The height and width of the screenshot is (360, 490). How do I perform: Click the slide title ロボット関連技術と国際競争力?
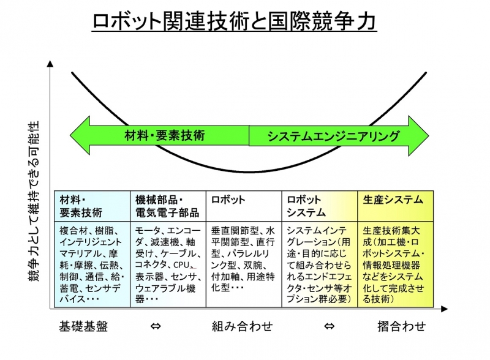tap(235, 21)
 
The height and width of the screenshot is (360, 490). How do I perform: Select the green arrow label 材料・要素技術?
tap(164, 136)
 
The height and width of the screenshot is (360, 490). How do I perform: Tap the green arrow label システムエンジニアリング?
tap(333, 137)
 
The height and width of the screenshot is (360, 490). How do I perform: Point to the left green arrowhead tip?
tap(70, 136)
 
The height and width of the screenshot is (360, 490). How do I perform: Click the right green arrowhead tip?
tap(429, 136)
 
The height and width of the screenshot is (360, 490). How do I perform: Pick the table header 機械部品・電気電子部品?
tap(167, 206)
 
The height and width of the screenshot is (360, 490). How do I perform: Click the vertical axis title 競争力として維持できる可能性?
tap(34, 201)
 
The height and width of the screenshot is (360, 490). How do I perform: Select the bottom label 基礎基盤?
tap(83, 326)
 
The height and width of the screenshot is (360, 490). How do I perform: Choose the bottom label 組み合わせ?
tap(243, 326)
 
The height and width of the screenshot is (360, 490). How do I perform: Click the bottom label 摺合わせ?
tap(402, 326)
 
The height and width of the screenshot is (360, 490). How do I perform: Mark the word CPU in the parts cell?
tap(181, 265)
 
